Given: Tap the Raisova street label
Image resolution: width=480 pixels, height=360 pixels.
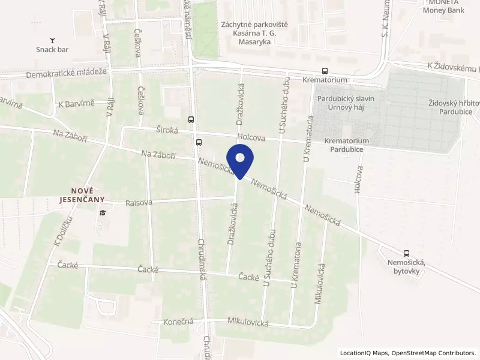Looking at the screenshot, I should click(x=139, y=203).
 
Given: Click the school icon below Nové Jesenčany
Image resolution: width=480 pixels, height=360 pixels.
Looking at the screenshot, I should click(x=103, y=212).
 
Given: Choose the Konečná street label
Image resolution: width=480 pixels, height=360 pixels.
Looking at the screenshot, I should click(x=179, y=322).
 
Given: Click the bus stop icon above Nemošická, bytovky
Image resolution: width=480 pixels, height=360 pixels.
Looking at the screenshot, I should click(x=407, y=253).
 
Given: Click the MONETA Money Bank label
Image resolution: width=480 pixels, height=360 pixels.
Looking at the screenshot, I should click(x=443, y=7).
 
